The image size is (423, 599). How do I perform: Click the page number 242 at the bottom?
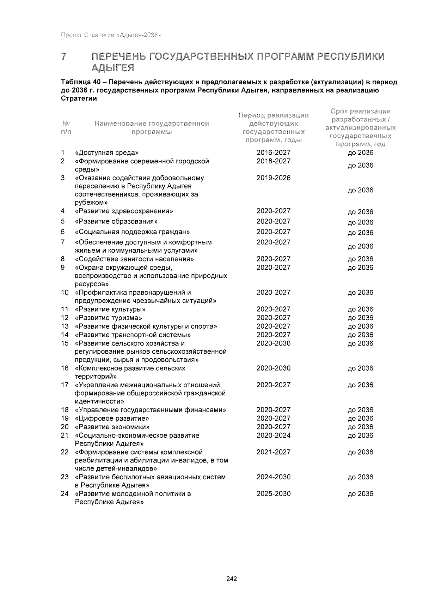(x=232, y=579)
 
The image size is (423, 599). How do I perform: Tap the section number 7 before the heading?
(x=64, y=57)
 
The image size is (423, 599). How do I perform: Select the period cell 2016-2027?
(x=273, y=152)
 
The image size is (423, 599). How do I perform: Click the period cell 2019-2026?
(x=273, y=178)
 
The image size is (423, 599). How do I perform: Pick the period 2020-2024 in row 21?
(x=273, y=436)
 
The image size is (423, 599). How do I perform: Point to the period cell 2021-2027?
(x=273, y=452)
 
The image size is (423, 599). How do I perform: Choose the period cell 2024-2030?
(x=273, y=477)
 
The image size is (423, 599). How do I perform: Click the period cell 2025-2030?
(x=273, y=494)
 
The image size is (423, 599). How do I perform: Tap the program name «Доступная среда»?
(x=107, y=153)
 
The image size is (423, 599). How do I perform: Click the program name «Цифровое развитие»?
(x=112, y=419)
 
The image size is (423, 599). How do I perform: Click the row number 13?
(x=65, y=327)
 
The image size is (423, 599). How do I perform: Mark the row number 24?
(x=65, y=494)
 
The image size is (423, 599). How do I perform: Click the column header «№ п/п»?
(x=66, y=128)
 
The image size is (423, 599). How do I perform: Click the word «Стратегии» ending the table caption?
(x=79, y=98)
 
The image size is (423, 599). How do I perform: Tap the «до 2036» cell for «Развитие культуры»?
(x=360, y=310)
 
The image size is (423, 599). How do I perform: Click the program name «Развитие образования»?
(x=116, y=222)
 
